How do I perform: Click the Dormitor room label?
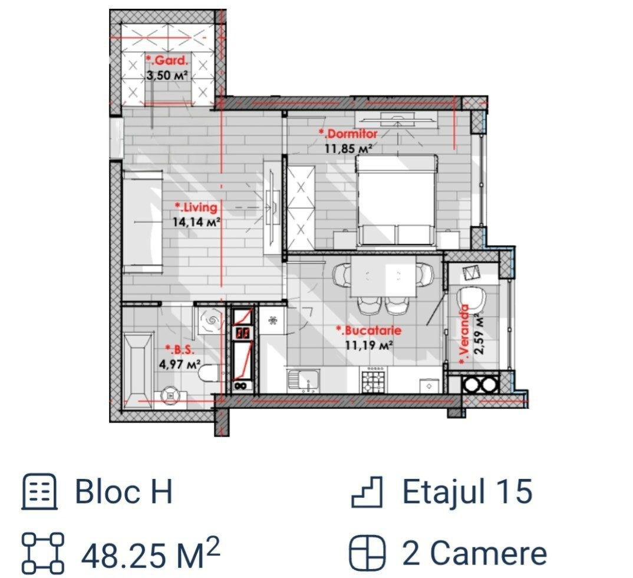tap(348, 134)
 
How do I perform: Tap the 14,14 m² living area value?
tap(197, 222)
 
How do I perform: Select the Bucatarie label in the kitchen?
tap(369, 331)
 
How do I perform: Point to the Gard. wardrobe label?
tap(167, 61)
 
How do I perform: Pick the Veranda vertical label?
tap(464, 335)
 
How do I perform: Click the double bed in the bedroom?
tap(396, 200)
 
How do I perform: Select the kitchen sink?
tap(303, 380)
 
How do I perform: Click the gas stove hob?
tap(374, 380)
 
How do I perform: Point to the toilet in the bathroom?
tap(210, 372)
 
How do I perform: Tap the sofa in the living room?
tap(143, 222)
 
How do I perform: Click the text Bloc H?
tap(124, 491)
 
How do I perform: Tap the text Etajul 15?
tap(467, 491)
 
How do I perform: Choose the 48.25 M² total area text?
tap(150, 553)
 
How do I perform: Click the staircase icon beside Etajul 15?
tap(367, 491)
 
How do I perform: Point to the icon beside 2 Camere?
tap(367, 553)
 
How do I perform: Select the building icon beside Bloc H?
tap(39, 491)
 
